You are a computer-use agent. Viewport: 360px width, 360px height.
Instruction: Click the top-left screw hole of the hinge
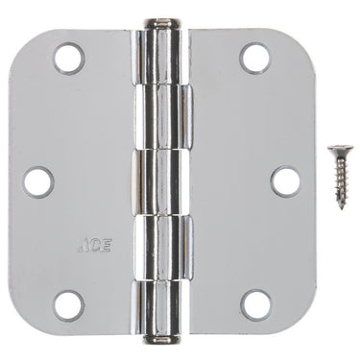[x=69, y=59]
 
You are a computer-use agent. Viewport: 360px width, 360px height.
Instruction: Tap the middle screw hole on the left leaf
[x=37, y=180]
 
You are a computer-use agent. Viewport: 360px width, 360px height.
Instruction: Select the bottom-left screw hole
[x=69, y=305]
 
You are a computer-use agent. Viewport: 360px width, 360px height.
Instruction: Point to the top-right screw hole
[x=254, y=59]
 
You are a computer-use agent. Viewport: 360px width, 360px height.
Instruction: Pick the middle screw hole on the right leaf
[x=285, y=180]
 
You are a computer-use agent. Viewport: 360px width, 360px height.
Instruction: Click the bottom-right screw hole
[x=254, y=305]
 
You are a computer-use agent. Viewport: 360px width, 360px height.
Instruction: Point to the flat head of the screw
[x=339, y=151]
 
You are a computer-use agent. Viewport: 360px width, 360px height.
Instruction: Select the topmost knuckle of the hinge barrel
[x=161, y=52]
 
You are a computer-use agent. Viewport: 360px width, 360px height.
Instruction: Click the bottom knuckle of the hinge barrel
[x=161, y=309]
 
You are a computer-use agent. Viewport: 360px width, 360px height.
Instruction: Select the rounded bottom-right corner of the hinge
[x=305, y=322]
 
